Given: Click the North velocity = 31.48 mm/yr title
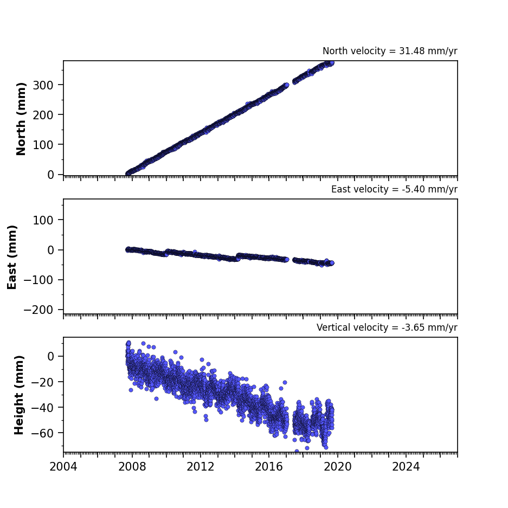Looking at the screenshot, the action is [390, 51].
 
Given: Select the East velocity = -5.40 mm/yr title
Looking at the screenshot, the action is [394, 189].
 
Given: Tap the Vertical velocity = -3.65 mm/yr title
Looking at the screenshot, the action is [387, 327].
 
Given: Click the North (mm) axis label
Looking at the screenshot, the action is [21, 119].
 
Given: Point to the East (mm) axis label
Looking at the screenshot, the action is [12, 257].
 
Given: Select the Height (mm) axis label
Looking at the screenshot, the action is [19, 395].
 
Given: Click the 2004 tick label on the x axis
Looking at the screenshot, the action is [63, 467].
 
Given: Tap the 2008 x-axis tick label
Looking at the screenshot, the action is [132, 467].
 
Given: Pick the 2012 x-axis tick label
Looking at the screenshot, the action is [200, 467].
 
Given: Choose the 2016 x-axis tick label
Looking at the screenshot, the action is [269, 467].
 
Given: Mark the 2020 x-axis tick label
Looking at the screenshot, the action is [338, 467].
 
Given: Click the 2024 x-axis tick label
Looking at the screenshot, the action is [406, 467].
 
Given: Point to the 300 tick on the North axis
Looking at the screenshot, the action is [43, 85].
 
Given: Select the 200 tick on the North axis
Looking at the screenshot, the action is [43, 115].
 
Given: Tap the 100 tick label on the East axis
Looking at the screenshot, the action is [43, 220].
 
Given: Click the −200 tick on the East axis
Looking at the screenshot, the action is [38, 310].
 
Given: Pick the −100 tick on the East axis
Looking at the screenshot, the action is [38, 280].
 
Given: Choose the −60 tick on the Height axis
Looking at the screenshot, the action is [42, 433].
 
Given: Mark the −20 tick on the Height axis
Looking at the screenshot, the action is [42, 382].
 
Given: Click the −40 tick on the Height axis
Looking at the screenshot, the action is [42, 408].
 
